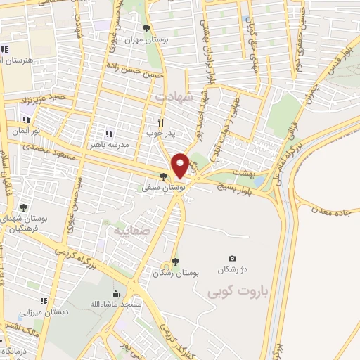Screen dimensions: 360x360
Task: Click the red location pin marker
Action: pyautogui.click(x=180, y=165)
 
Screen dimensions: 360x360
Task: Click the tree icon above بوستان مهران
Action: pyautogui.click(x=146, y=28)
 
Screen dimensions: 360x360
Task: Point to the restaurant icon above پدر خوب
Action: pyautogui.click(x=160, y=122)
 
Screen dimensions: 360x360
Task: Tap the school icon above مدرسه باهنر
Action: pyautogui.click(x=109, y=133)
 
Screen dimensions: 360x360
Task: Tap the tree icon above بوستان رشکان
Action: pyautogui.click(x=175, y=262)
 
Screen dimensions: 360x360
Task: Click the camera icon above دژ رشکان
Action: pyautogui.click(x=233, y=259)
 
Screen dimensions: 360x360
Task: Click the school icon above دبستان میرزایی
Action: pyautogui.click(x=44, y=301)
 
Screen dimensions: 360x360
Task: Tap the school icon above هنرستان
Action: pyautogui.click(x=5, y=49)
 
